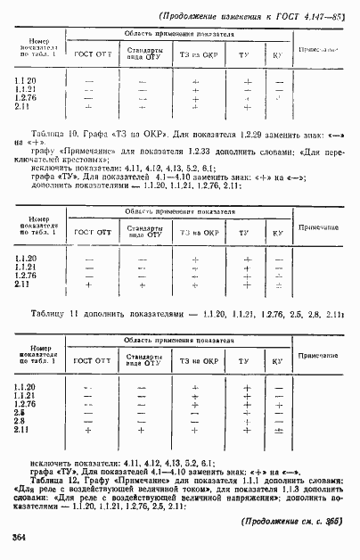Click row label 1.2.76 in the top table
click(26, 98)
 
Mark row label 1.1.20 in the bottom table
click(25, 385)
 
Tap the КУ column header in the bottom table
click(278, 363)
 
